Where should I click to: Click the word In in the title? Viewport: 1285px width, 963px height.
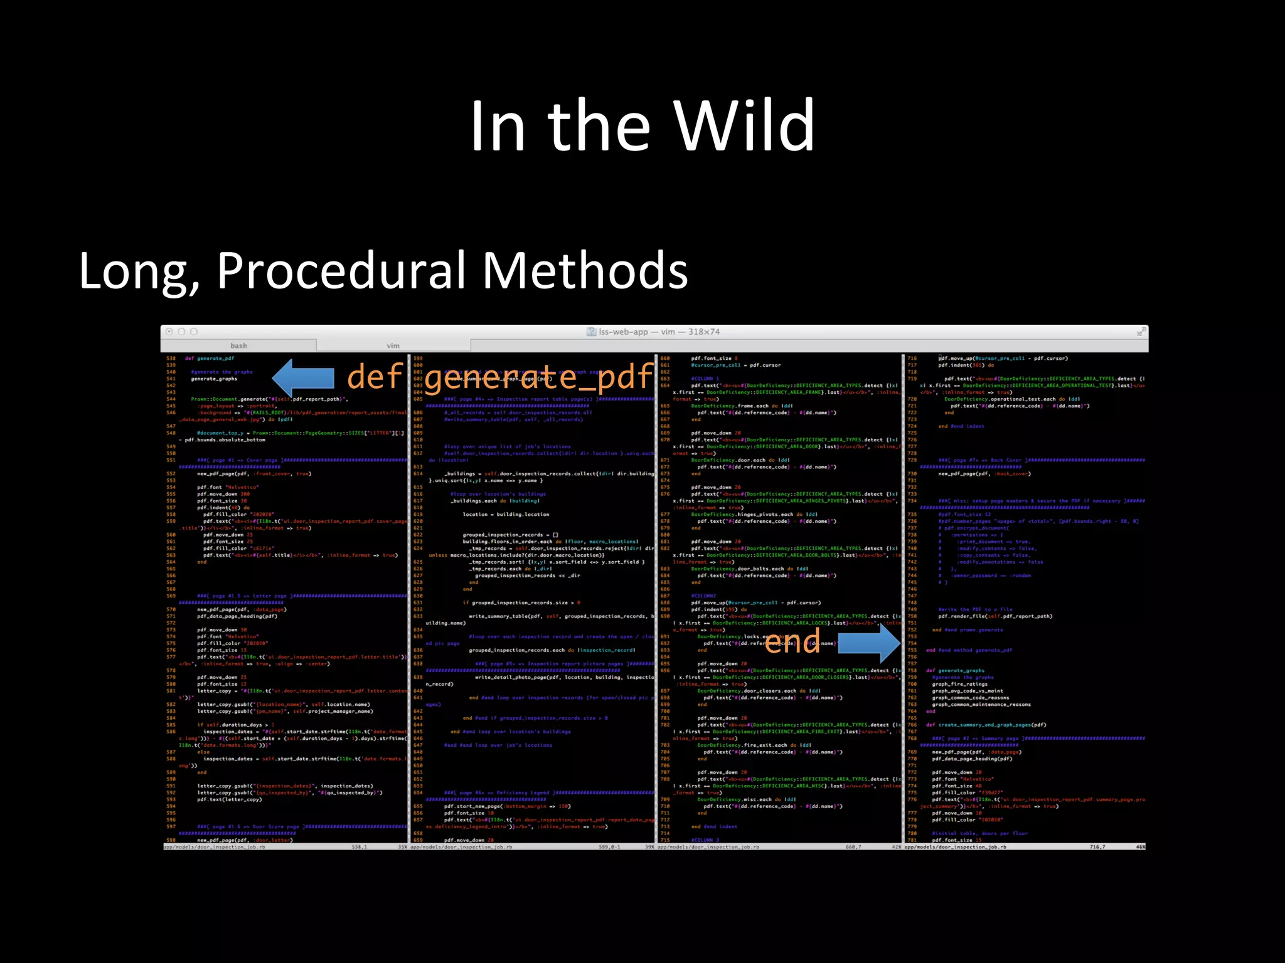(497, 127)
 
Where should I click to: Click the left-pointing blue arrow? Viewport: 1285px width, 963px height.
(303, 378)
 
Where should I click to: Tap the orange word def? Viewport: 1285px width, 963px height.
(375, 377)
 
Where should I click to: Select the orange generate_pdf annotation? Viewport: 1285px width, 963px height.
(538, 377)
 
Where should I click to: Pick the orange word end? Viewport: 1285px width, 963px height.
(792, 642)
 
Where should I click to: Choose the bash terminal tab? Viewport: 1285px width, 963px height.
(238, 345)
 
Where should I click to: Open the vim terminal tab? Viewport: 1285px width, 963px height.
(393, 345)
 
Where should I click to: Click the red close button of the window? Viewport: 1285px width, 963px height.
(169, 332)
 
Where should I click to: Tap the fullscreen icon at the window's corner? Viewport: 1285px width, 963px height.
(1141, 332)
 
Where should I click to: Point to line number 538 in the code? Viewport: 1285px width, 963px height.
(171, 359)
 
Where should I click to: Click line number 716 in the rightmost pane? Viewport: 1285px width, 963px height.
(912, 359)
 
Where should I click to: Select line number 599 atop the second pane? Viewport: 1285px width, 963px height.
(418, 359)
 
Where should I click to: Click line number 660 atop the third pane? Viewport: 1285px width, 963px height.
(665, 359)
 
